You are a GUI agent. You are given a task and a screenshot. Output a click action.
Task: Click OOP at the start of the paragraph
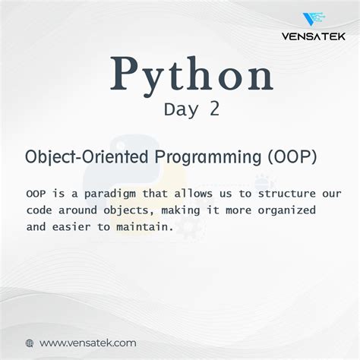click(35, 193)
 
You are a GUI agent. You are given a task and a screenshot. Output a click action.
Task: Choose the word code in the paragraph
click(39, 210)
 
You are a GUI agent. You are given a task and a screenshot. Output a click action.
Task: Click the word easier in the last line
click(79, 226)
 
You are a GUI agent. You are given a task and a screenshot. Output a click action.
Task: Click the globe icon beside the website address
click(30, 343)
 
